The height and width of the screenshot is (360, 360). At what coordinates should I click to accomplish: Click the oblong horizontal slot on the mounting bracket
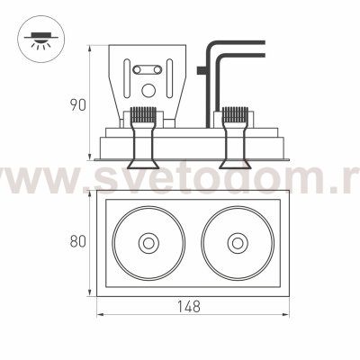click(x=148, y=68)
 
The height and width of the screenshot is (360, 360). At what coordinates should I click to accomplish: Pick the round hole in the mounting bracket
click(x=148, y=90)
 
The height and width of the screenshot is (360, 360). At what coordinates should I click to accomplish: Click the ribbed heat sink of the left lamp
click(x=140, y=115)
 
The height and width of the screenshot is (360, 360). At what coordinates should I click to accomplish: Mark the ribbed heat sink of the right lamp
click(x=234, y=115)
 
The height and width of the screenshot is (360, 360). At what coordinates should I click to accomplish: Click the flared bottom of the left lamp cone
click(x=140, y=164)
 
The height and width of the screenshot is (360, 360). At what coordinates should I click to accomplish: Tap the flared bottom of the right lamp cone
click(x=234, y=164)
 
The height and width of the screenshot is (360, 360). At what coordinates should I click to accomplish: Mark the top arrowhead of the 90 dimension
click(x=90, y=44)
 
